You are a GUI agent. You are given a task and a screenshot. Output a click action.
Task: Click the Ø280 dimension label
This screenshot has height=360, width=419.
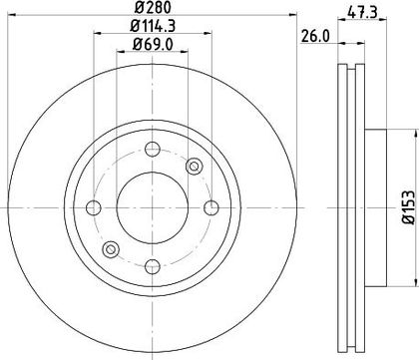153,7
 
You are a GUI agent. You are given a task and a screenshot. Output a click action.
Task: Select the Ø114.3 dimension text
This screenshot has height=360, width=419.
153,26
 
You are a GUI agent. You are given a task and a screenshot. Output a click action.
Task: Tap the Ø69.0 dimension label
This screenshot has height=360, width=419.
153,44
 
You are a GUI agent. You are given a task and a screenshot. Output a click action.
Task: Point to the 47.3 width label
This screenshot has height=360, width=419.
362,13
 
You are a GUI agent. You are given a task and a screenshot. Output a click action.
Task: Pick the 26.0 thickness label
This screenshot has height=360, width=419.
315,36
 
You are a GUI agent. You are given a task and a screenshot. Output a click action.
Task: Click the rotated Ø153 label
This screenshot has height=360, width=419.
409,207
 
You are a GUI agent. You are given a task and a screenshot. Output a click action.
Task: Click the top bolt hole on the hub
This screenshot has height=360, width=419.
153,150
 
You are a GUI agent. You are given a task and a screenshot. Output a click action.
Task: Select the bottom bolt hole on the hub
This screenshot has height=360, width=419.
153,266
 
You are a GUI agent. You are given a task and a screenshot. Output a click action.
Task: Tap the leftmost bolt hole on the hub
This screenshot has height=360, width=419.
94,208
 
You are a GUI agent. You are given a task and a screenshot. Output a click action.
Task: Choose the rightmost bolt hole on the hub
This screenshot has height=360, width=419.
211,208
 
